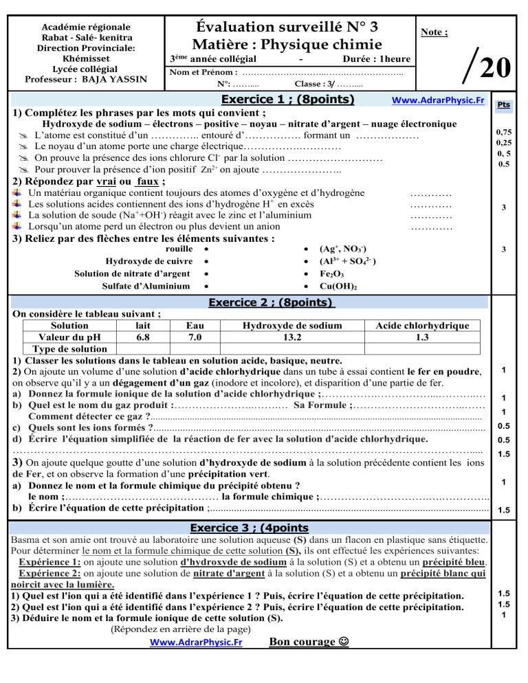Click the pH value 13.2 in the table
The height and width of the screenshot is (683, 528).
coord(281,337)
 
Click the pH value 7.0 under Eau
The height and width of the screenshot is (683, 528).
coord(195,337)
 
